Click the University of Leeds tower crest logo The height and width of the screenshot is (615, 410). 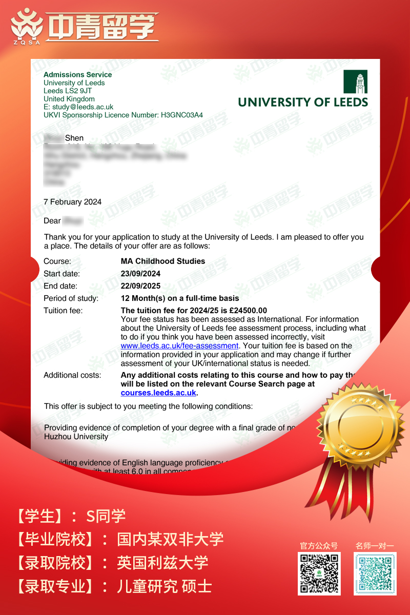[x=355, y=81]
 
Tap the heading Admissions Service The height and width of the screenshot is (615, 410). [x=77, y=74]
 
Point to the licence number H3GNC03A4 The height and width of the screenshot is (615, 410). [x=181, y=115]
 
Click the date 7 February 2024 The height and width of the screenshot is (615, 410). [x=72, y=202]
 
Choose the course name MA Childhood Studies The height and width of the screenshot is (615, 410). [x=162, y=261]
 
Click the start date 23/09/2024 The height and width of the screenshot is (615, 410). [x=140, y=274]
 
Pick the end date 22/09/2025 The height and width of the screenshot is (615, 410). [x=140, y=286]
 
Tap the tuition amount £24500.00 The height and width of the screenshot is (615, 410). [x=248, y=311]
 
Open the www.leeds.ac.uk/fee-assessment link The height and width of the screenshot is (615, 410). [x=179, y=346]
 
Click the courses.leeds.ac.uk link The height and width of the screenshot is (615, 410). [x=158, y=393]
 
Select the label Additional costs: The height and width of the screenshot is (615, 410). [x=72, y=375]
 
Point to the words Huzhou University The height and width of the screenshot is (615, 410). [x=76, y=437]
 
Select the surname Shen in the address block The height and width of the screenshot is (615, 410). [x=74, y=138]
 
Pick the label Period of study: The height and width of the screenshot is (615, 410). [x=71, y=298]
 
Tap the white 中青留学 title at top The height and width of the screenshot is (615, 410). [x=102, y=26]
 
